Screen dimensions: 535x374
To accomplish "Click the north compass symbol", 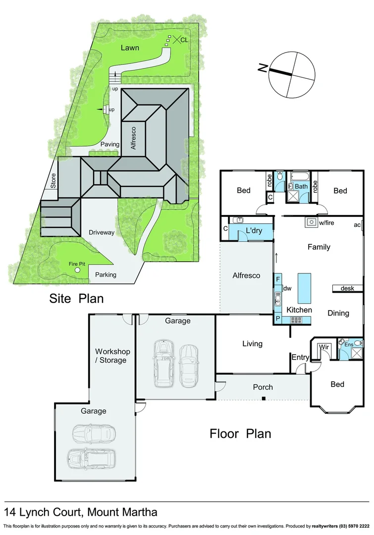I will (x=292, y=74).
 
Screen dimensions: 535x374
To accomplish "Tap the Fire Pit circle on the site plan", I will (x=77, y=270).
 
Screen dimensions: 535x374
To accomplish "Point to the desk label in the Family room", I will (x=347, y=288).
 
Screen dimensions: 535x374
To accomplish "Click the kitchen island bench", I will (x=305, y=288).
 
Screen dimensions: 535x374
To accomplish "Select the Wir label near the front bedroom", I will (x=324, y=347).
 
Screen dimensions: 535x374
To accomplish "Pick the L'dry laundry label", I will (x=254, y=231).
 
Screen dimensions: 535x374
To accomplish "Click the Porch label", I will (x=263, y=387).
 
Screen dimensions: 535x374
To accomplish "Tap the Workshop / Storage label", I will (x=112, y=356).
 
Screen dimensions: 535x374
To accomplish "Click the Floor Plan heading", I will (x=240, y=434).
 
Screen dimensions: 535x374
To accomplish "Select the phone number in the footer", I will (x=353, y=526).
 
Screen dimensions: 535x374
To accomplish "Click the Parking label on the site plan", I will (x=106, y=274).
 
